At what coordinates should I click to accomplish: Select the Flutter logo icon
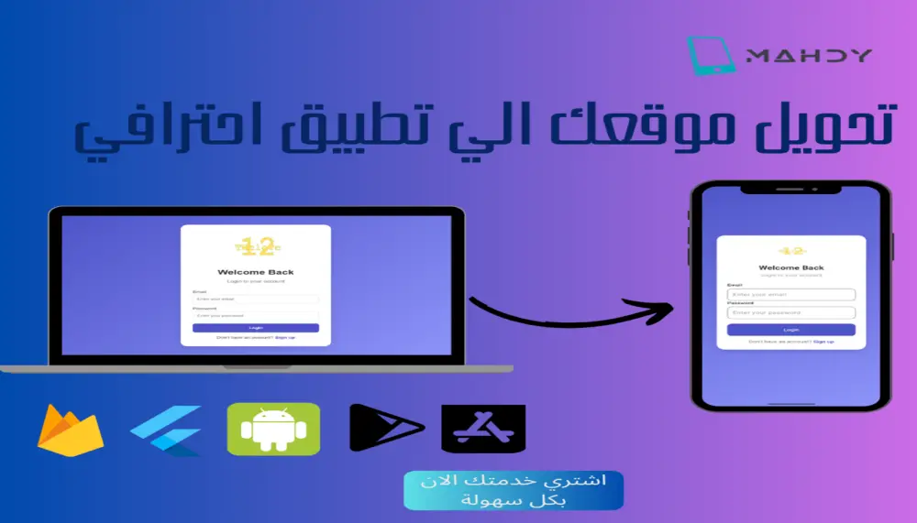[x=168, y=429]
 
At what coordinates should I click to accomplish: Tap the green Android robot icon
[x=273, y=429]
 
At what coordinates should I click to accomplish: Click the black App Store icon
[x=483, y=429]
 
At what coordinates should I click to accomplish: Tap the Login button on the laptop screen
[x=256, y=328]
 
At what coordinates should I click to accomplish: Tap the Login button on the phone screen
[x=790, y=330]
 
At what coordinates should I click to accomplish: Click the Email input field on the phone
[x=790, y=295]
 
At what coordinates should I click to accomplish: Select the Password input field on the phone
[x=790, y=312]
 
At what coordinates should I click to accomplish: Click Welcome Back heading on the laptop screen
[x=256, y=272]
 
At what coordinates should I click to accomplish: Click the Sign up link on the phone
[x=823, y=342]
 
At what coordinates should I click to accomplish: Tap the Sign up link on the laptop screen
[x=285, y=338]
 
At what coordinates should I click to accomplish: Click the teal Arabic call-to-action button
[x=514, y=491]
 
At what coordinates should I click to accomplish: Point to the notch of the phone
[x=790, y=190]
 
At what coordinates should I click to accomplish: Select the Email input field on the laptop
[x=256, y=299]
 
